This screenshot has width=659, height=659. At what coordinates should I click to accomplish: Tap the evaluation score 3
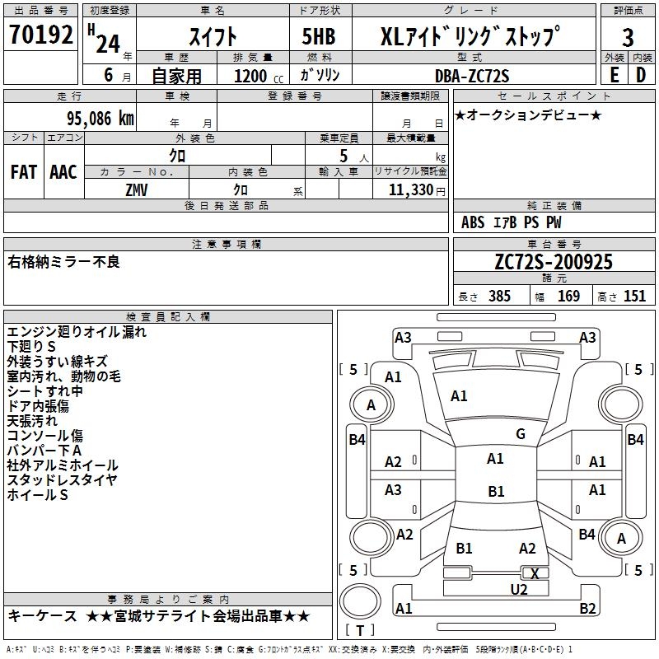tap(628, 37)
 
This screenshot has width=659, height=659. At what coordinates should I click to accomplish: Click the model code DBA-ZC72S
tap(472, 76)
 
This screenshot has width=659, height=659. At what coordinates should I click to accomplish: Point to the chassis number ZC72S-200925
tap(554, 262)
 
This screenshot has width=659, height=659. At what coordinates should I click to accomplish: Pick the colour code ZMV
tap(137, 189)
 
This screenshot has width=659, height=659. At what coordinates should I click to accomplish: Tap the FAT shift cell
tap(24, 172)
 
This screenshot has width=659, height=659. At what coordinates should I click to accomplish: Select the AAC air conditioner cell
tap(63, 172)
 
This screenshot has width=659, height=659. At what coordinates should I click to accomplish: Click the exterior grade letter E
tap(614, 74)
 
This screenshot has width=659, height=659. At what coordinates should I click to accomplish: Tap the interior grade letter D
tap(641, 74)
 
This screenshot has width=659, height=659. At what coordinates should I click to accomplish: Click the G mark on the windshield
tap(521, 434)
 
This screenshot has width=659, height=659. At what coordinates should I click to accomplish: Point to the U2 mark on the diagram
tap(518, 588)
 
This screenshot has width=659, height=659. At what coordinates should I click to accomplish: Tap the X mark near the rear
tap(535, 573)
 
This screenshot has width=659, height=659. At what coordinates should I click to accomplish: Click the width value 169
tap(568, 296)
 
